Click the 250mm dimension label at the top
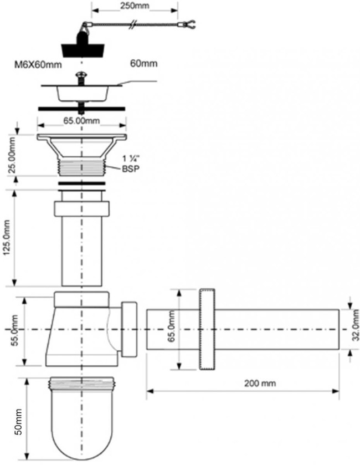(x=135, y=6)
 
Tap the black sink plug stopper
(x=83, y=48)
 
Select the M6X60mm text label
(x=38, y=64)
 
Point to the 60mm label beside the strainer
(x=143, y=64)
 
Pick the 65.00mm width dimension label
(x=81, y=121)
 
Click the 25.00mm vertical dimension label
(x=12, y=155)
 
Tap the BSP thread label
(x=131, y=168)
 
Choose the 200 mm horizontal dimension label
(x=260, y=383)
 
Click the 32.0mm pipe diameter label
(x=356, y=325)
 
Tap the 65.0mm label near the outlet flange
(x=172, y=326)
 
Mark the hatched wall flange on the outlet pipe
(x=207, y=329)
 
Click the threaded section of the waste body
(x=82, y=167)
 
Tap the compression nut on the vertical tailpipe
(x=82, y=209)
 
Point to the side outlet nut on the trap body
(x=130, y=329)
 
